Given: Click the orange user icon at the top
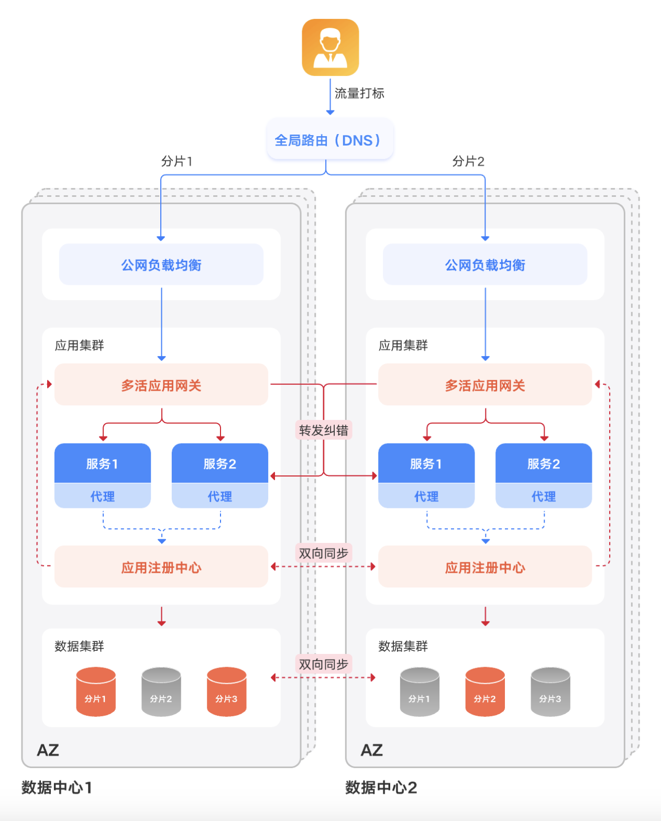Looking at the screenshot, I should pyautogui.click(x=330, y=48).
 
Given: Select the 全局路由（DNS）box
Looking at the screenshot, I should pyautogui.click(x=329, y=140).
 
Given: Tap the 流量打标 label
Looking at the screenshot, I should pyautogui.click(x=359, y=93).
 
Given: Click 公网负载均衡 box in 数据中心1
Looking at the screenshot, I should pyautogui.click(x=161, y=264).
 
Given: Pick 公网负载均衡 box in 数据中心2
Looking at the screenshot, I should pyautogui.click(x=484, y=264).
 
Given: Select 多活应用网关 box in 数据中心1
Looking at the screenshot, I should pyautogui.click(x=161, y=385).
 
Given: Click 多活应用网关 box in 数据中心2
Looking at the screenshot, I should pyautogui.click(x=484, y=385).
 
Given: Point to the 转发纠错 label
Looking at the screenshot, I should pyautogui.click(x=323, y=430).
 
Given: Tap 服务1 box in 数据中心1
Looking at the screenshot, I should pyautogui.click(x=102, y=463).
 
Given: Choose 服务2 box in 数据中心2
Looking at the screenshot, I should pyautogui.click(x=543, y=463).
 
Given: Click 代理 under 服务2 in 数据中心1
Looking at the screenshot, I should pyautogui.click(x=219, y=496).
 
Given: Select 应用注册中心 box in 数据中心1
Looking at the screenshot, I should pyautogui.click(x=161, y=567).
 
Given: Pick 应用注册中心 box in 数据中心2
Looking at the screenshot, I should pyautogui.click(x=484, y=567).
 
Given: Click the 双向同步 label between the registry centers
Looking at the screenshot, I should pyautogui.click(x=323, y=553).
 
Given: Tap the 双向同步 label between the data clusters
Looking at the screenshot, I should pyautogui.click(x=323, y=664).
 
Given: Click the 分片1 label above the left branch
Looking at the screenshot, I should pyautogui.click(x=177, y=161).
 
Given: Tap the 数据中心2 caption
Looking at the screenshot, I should pyautogui.click(x=381, y=787).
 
